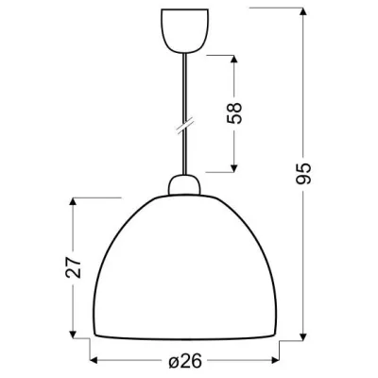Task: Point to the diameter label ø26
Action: click(184, 361)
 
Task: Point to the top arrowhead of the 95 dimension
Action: click(304, 11)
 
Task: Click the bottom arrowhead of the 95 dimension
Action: click(304, 337)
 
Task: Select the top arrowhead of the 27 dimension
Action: click(75, 201)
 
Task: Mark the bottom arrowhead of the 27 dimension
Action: click(75, 336)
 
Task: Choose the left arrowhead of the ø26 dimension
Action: click(94, 361)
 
